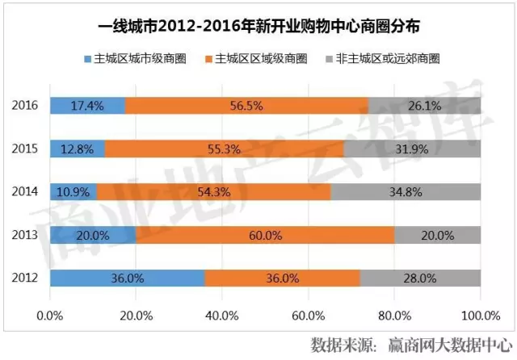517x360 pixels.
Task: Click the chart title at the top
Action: (258, 27)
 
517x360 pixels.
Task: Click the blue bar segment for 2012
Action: (128, 278)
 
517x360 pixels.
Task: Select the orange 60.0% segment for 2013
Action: (265, 235)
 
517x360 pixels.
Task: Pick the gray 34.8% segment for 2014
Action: (406, 192)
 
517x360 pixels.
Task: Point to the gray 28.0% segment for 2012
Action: (420, 278)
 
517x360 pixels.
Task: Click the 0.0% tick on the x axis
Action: (51, 313)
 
